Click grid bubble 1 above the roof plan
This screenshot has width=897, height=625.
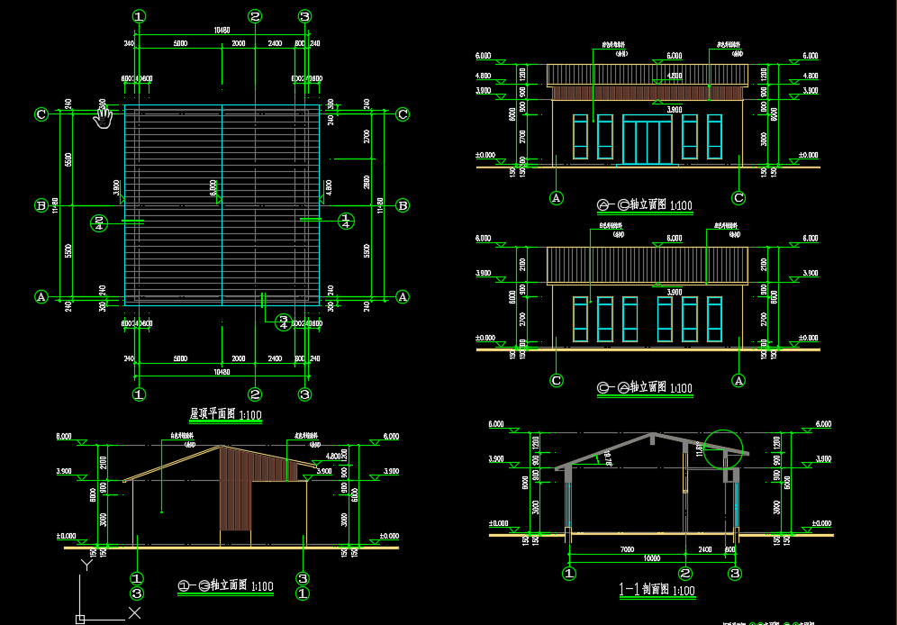(x=139, y=16)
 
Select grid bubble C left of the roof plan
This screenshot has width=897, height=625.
(x=41, y=114)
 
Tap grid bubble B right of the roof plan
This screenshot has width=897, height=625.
(x=403, y=205)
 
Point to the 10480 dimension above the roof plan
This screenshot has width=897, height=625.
(x=222, y=31)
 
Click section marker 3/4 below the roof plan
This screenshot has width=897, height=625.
(x=283, y=322)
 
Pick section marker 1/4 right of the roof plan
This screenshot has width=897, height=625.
(x=345, y=221)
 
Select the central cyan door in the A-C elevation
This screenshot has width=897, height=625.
(x=646, y=140)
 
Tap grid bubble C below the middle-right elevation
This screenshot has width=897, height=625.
(x=557, y=381)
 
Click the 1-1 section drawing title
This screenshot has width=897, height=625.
(x=656, y=591)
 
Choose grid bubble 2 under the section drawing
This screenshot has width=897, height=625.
(x=686, y=573)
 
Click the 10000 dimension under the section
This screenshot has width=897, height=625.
(x=652, y=558)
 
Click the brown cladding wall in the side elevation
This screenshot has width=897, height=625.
(x=236, y=491)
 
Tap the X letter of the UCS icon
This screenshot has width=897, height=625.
(x=134, y=613)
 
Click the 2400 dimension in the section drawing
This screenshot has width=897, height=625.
(x=704, y=548)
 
